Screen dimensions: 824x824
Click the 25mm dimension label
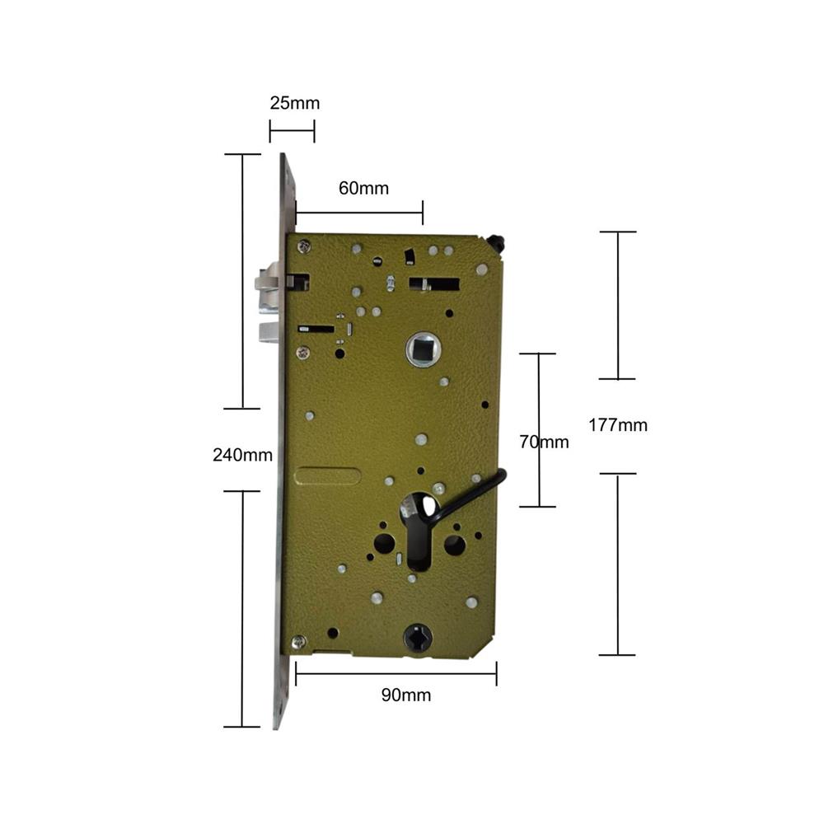click(x=295, y=103)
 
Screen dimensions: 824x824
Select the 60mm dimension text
click(x=363, y=188)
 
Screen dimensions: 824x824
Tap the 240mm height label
click(x=243, y=455)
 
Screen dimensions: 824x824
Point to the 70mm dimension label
click(x=544, y=442)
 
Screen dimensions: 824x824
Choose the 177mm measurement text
click(x=618, y=424)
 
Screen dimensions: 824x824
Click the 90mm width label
click(x=406, y=695)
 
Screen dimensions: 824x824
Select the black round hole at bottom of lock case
click(x=419, y=637)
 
